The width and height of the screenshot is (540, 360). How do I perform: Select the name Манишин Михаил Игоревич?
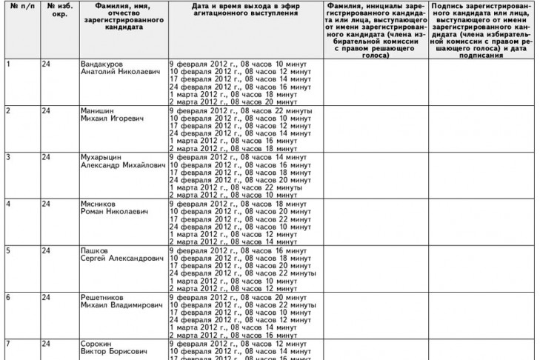(x=112, y=115)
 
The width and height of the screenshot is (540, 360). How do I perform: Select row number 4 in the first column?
(x=7, y=204)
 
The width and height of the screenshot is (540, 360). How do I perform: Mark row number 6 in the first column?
(x=7, y=296)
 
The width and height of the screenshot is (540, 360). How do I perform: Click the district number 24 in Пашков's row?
(x=46, y=250)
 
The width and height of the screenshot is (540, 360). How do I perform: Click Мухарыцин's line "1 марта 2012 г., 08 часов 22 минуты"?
(x=233, y=188)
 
